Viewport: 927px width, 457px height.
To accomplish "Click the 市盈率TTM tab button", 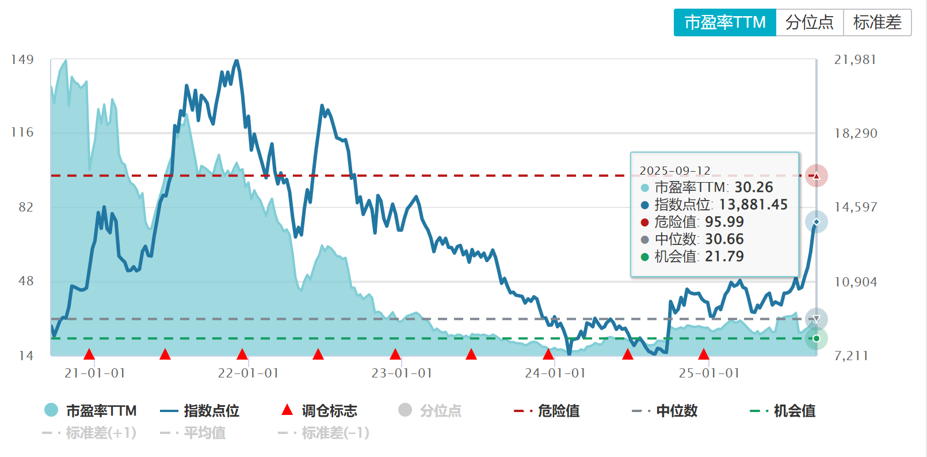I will [x=724, y=22].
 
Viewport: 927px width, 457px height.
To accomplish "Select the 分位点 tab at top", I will [x=809, y=22].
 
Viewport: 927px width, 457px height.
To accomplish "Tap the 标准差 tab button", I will [x=877, y=22].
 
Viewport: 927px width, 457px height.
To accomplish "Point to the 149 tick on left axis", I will [x=22, y=59].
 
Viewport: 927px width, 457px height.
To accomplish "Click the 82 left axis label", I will [x=26, y=207].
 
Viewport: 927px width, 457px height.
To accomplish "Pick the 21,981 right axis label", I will [x=855, y=59].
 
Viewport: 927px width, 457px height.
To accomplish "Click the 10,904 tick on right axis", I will [x=855, y=282].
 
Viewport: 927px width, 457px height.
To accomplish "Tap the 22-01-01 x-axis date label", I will [x=248, y=373].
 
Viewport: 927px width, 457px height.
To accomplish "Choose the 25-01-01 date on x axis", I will [x=709, y=373].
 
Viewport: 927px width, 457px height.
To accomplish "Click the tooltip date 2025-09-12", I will [x=675, y=171].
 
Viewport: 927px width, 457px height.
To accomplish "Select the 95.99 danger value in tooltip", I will [x=724, y=222].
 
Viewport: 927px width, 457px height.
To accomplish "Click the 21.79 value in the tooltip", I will [x=724, y=256].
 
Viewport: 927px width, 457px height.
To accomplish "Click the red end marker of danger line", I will [x=816, y=176].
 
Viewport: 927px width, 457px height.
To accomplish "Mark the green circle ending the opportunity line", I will [x=816, y=338].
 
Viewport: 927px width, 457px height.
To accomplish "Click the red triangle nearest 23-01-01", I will [x=395, y=354].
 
